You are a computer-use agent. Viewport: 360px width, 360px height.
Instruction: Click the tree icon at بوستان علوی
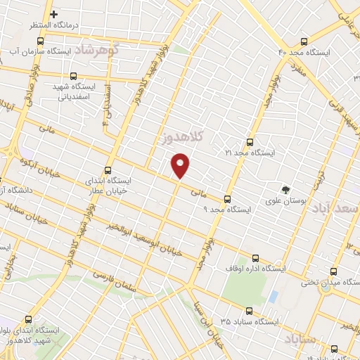pos(285,189)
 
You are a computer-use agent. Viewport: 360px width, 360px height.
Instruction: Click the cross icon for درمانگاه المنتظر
pos(53,14)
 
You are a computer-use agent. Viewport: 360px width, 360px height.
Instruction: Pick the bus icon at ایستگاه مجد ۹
pos(226,199)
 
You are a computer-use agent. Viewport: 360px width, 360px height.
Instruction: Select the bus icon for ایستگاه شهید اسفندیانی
pos(74,77)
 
